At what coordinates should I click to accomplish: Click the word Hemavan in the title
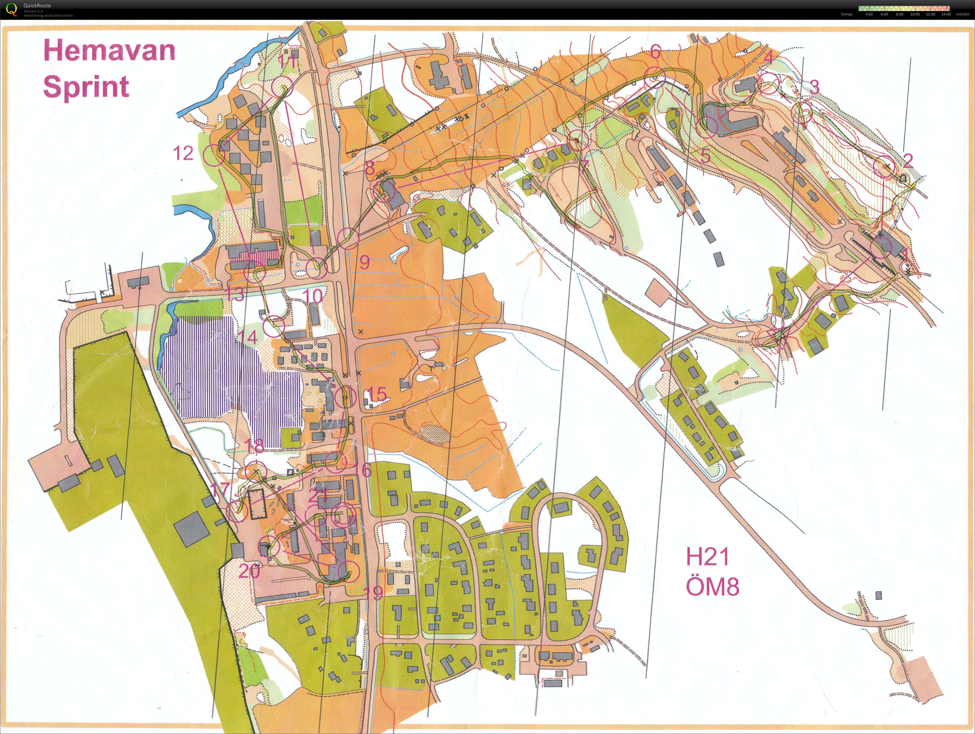click(109, 51)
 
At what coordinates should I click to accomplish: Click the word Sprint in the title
click(86, 86)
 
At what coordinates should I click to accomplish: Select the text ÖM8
click(712, 587)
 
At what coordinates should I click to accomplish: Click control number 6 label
click(655, 52)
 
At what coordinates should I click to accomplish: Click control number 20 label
click(249, 571)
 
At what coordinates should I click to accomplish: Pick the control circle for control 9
click(348, 238)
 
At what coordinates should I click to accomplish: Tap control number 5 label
click(705, 156)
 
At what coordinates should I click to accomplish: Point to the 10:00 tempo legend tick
click(915, 14)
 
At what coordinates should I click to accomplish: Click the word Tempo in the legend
click(846, 14)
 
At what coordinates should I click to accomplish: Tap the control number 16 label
click(365, 470)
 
